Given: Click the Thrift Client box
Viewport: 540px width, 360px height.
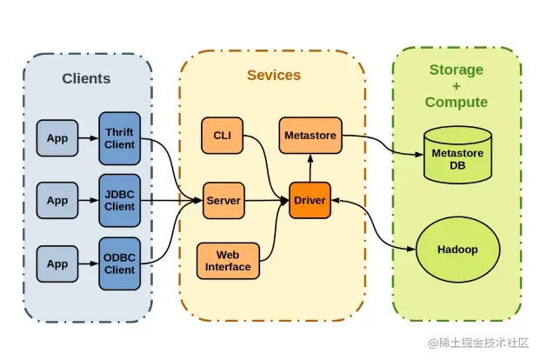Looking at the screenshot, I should (119, 137).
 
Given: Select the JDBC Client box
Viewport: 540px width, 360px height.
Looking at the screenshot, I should (119, 201).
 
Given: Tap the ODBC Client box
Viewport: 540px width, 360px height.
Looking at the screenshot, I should (119, 263).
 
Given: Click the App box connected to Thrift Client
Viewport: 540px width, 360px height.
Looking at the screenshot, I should (57, 137).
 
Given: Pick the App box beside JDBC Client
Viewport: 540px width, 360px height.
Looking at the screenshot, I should (57, 201).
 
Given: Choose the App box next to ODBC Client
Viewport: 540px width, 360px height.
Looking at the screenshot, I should (57, 263).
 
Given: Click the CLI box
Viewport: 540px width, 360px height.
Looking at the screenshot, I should (222, 135).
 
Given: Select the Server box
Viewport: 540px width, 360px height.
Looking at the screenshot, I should (223, 201).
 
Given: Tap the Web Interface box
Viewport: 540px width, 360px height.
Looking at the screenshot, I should (228, 260).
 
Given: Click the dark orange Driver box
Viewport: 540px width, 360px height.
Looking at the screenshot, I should (310, 201).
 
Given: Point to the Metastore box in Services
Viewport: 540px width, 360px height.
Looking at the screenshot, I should (310, 135).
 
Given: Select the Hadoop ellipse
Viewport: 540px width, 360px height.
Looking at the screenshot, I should (457, 250).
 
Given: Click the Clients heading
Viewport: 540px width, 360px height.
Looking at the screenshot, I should (86, 78).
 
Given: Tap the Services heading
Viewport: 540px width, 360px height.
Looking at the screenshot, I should (274, 76).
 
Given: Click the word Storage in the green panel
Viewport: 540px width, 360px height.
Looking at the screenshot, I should (457, 70).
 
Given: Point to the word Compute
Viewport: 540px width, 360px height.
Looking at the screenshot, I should (457, 102).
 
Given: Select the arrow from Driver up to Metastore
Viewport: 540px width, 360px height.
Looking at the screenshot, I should (310, 168).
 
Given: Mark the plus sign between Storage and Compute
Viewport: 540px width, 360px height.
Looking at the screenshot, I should (457, 86).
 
